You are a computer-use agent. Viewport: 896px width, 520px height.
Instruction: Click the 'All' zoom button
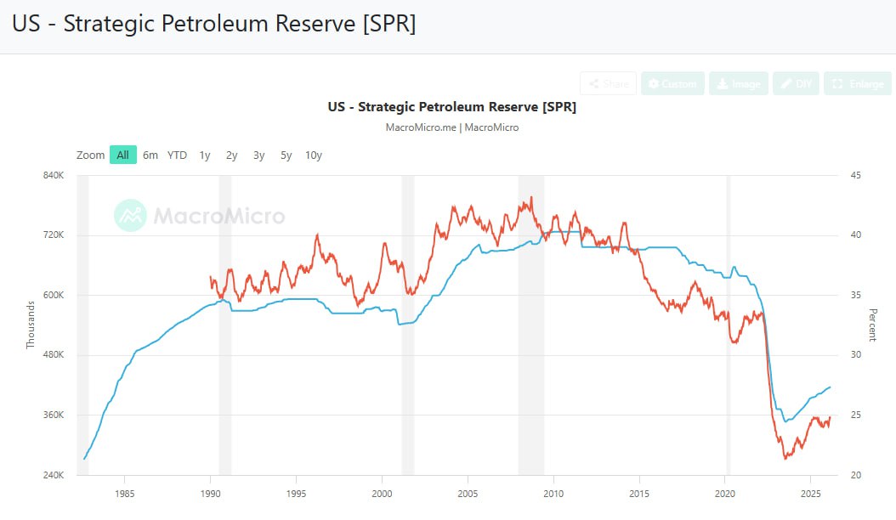coord(123,155)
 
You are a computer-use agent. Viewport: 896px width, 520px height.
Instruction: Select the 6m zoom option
coord(150,155)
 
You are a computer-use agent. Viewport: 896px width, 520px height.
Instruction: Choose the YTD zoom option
coord(177,155)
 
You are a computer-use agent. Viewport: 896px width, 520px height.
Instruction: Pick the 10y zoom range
coord(314,155)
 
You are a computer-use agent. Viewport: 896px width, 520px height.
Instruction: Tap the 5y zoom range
coord(286,155)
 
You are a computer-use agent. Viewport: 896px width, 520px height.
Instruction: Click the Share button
coord(608,83)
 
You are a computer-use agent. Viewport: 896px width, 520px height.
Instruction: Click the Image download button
coord(739,83)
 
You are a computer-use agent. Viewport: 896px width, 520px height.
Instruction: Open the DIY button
coord(796,83)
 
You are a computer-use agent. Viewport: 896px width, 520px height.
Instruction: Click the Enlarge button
coord(858,83)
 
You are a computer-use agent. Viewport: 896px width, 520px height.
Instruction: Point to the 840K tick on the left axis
coord(54,175)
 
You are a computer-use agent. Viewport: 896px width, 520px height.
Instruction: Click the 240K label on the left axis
coord(54,475)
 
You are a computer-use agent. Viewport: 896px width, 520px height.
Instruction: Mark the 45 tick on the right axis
coord(855,175)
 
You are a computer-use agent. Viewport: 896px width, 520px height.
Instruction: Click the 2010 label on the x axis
coord(553,493)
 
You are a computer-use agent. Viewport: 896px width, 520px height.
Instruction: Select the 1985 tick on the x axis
coord(125,493)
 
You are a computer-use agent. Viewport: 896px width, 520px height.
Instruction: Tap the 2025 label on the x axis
coord(810,493)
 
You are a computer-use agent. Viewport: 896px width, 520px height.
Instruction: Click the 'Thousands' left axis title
coord(31,325)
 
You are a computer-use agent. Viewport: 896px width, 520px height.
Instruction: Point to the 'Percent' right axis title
coord(872,325)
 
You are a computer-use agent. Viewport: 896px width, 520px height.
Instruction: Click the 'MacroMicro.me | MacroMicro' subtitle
coord(451,127)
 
